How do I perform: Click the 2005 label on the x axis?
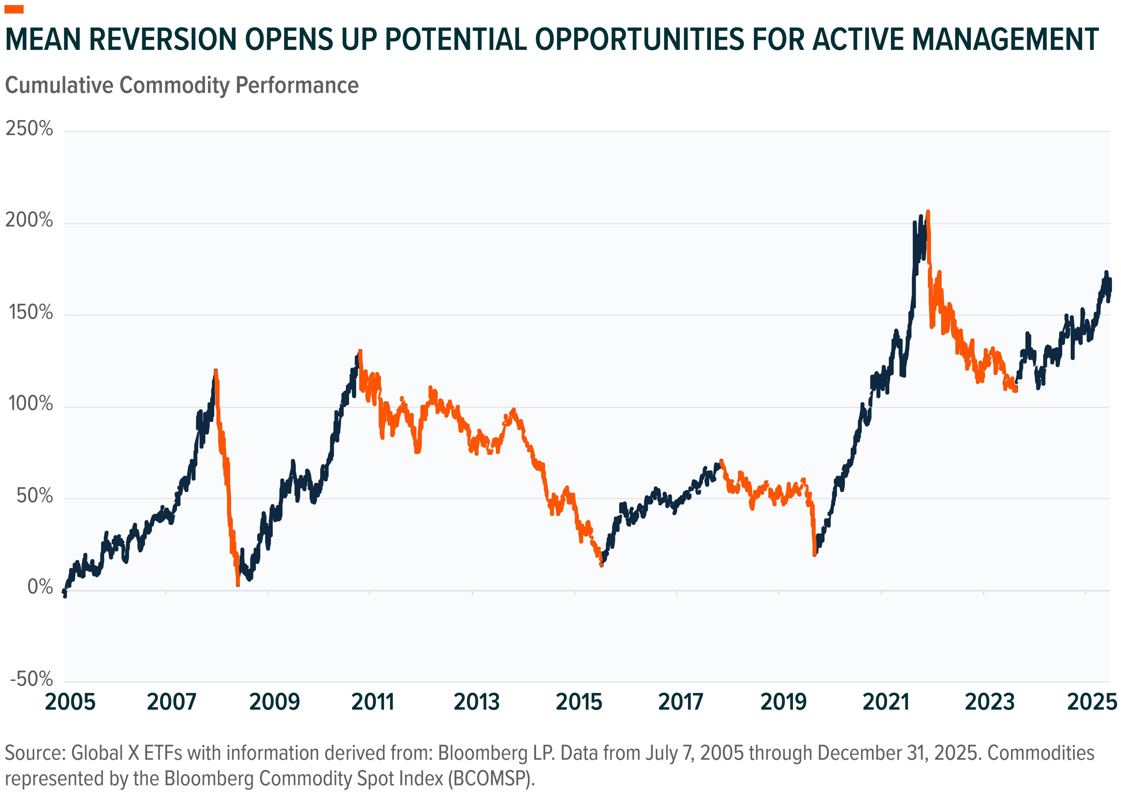click(70, 702)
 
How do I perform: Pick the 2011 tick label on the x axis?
click(373, 702)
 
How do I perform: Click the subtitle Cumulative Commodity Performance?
click(182, 86)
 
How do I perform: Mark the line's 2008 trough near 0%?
click(238, 584)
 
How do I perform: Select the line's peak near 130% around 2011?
click(360, 351)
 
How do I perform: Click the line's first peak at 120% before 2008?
click(215, 371)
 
